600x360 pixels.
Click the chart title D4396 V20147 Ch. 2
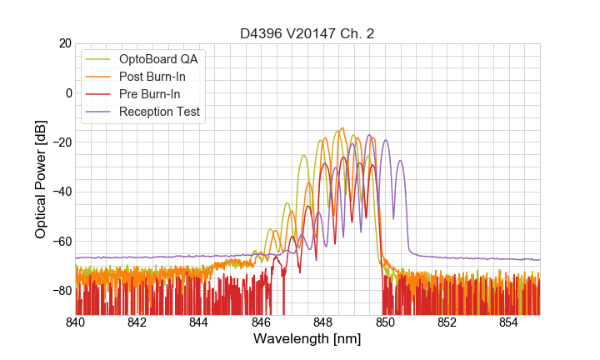[307, 33]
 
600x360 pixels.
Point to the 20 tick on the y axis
[62, 43]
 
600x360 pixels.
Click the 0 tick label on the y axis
[67, 92]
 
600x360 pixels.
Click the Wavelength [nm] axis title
[307, 339]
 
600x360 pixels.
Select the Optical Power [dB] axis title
[41, 178]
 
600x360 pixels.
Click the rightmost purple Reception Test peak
[400, 161]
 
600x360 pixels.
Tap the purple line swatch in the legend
[99, 112]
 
